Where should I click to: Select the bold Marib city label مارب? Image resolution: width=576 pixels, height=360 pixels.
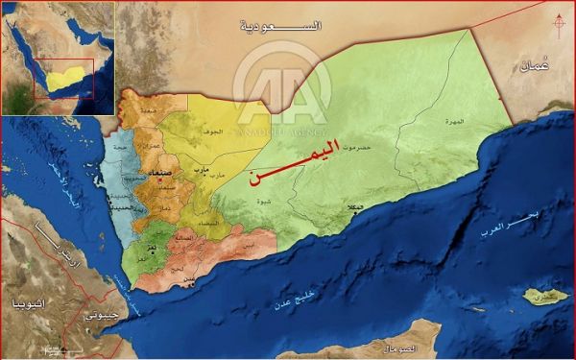pyautogui.click(x=201, y=169)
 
